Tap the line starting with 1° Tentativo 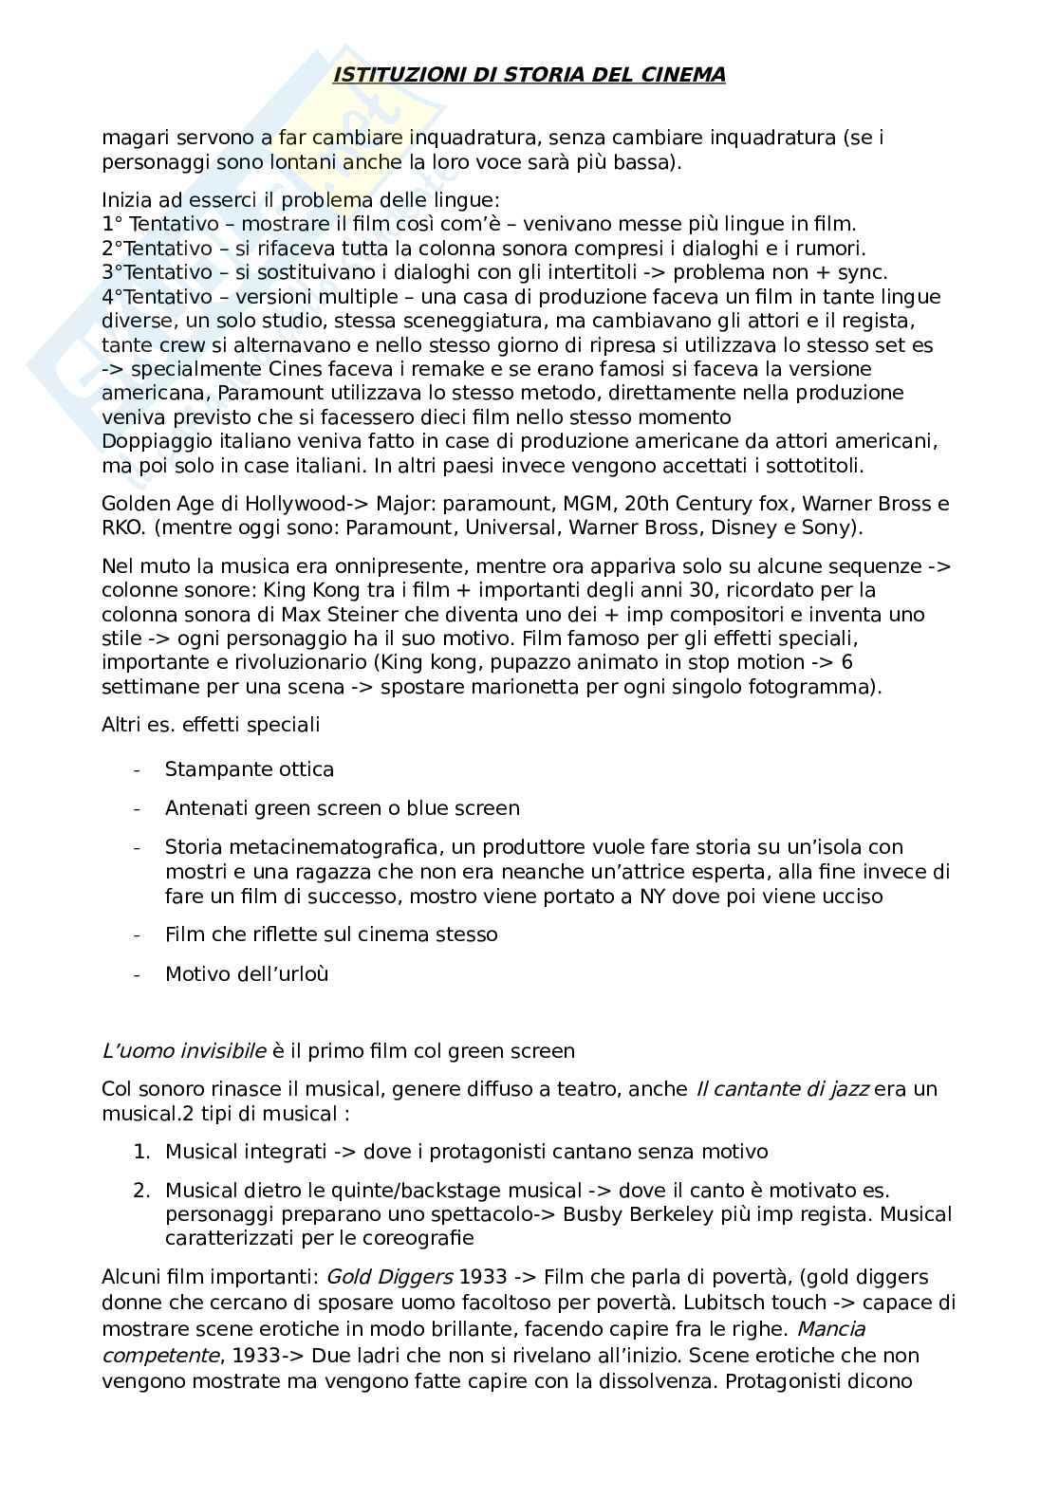[x=478, y=225]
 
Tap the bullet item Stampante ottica [x=250, y=769]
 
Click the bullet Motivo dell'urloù [x=247, y=973]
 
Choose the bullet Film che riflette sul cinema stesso [x=331, y=934]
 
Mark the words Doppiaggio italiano [x=187, y=441]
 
